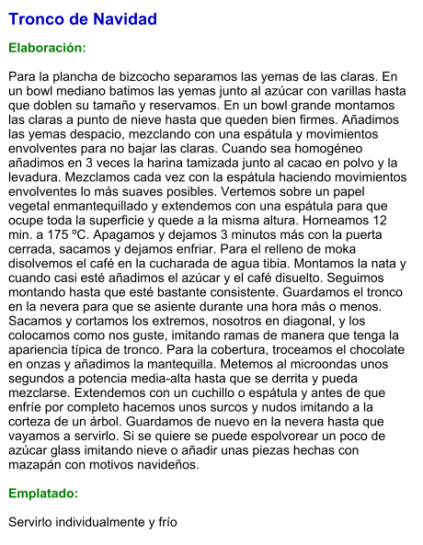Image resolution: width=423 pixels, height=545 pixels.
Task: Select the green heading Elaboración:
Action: [x=47, y=47]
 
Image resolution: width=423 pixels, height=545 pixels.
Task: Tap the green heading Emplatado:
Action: [x=43, y=494]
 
